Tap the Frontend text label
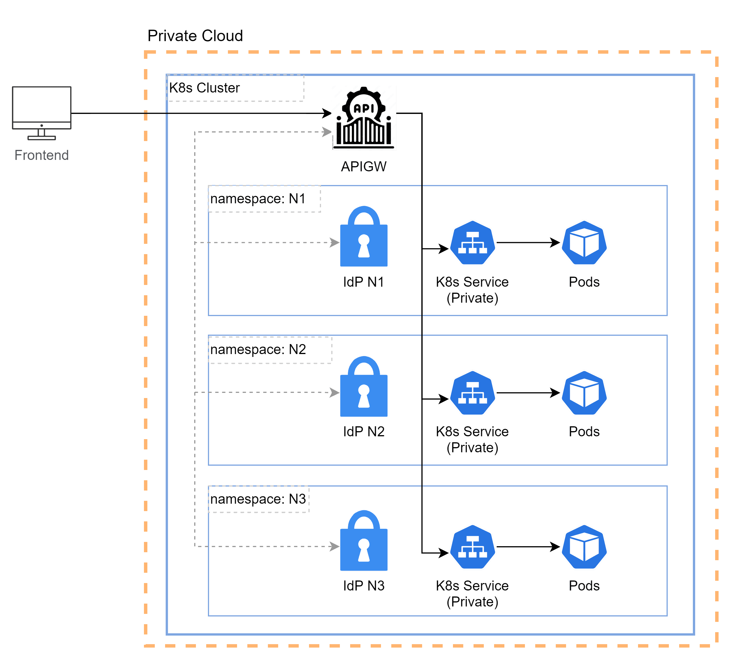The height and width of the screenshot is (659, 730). click(42, 155)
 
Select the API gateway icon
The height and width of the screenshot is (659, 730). click(364, 118)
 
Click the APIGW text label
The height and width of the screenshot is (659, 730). click(364, 166)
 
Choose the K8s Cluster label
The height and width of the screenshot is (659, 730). click(204, 88)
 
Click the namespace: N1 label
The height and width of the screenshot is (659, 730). click(258, 199)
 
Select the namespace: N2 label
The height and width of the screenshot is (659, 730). click(258, 349)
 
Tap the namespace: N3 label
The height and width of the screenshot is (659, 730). click(258, 499)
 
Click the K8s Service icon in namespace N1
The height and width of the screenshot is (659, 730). click(473, 243)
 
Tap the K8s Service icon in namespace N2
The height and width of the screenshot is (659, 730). click(473, 393)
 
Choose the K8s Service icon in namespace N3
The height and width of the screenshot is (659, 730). click(473, 547)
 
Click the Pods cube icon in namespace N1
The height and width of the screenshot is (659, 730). click(584, 243)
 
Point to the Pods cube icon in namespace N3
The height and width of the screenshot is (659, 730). click(584, 547)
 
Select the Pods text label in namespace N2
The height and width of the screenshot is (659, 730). click(584, 432)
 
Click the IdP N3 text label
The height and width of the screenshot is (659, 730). click(364, 586)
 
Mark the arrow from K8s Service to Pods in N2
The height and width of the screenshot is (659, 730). click(528, 393)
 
